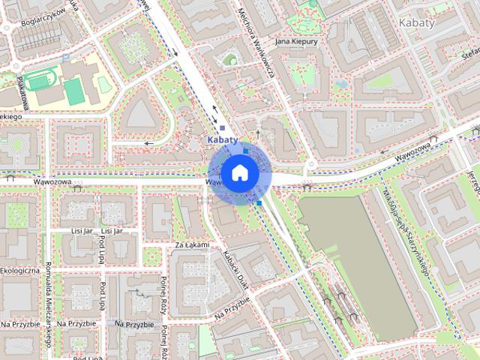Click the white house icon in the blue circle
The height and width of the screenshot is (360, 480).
[x=239, y=172]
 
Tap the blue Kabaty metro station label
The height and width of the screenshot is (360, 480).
[x=221, y=139]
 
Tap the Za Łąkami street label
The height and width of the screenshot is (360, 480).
[x=190, y=244]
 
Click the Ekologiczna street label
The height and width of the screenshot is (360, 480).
[x=18, y=270]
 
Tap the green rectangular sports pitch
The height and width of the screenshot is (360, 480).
[x=73, y=92]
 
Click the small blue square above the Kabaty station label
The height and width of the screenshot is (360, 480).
[x=222, y=127]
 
